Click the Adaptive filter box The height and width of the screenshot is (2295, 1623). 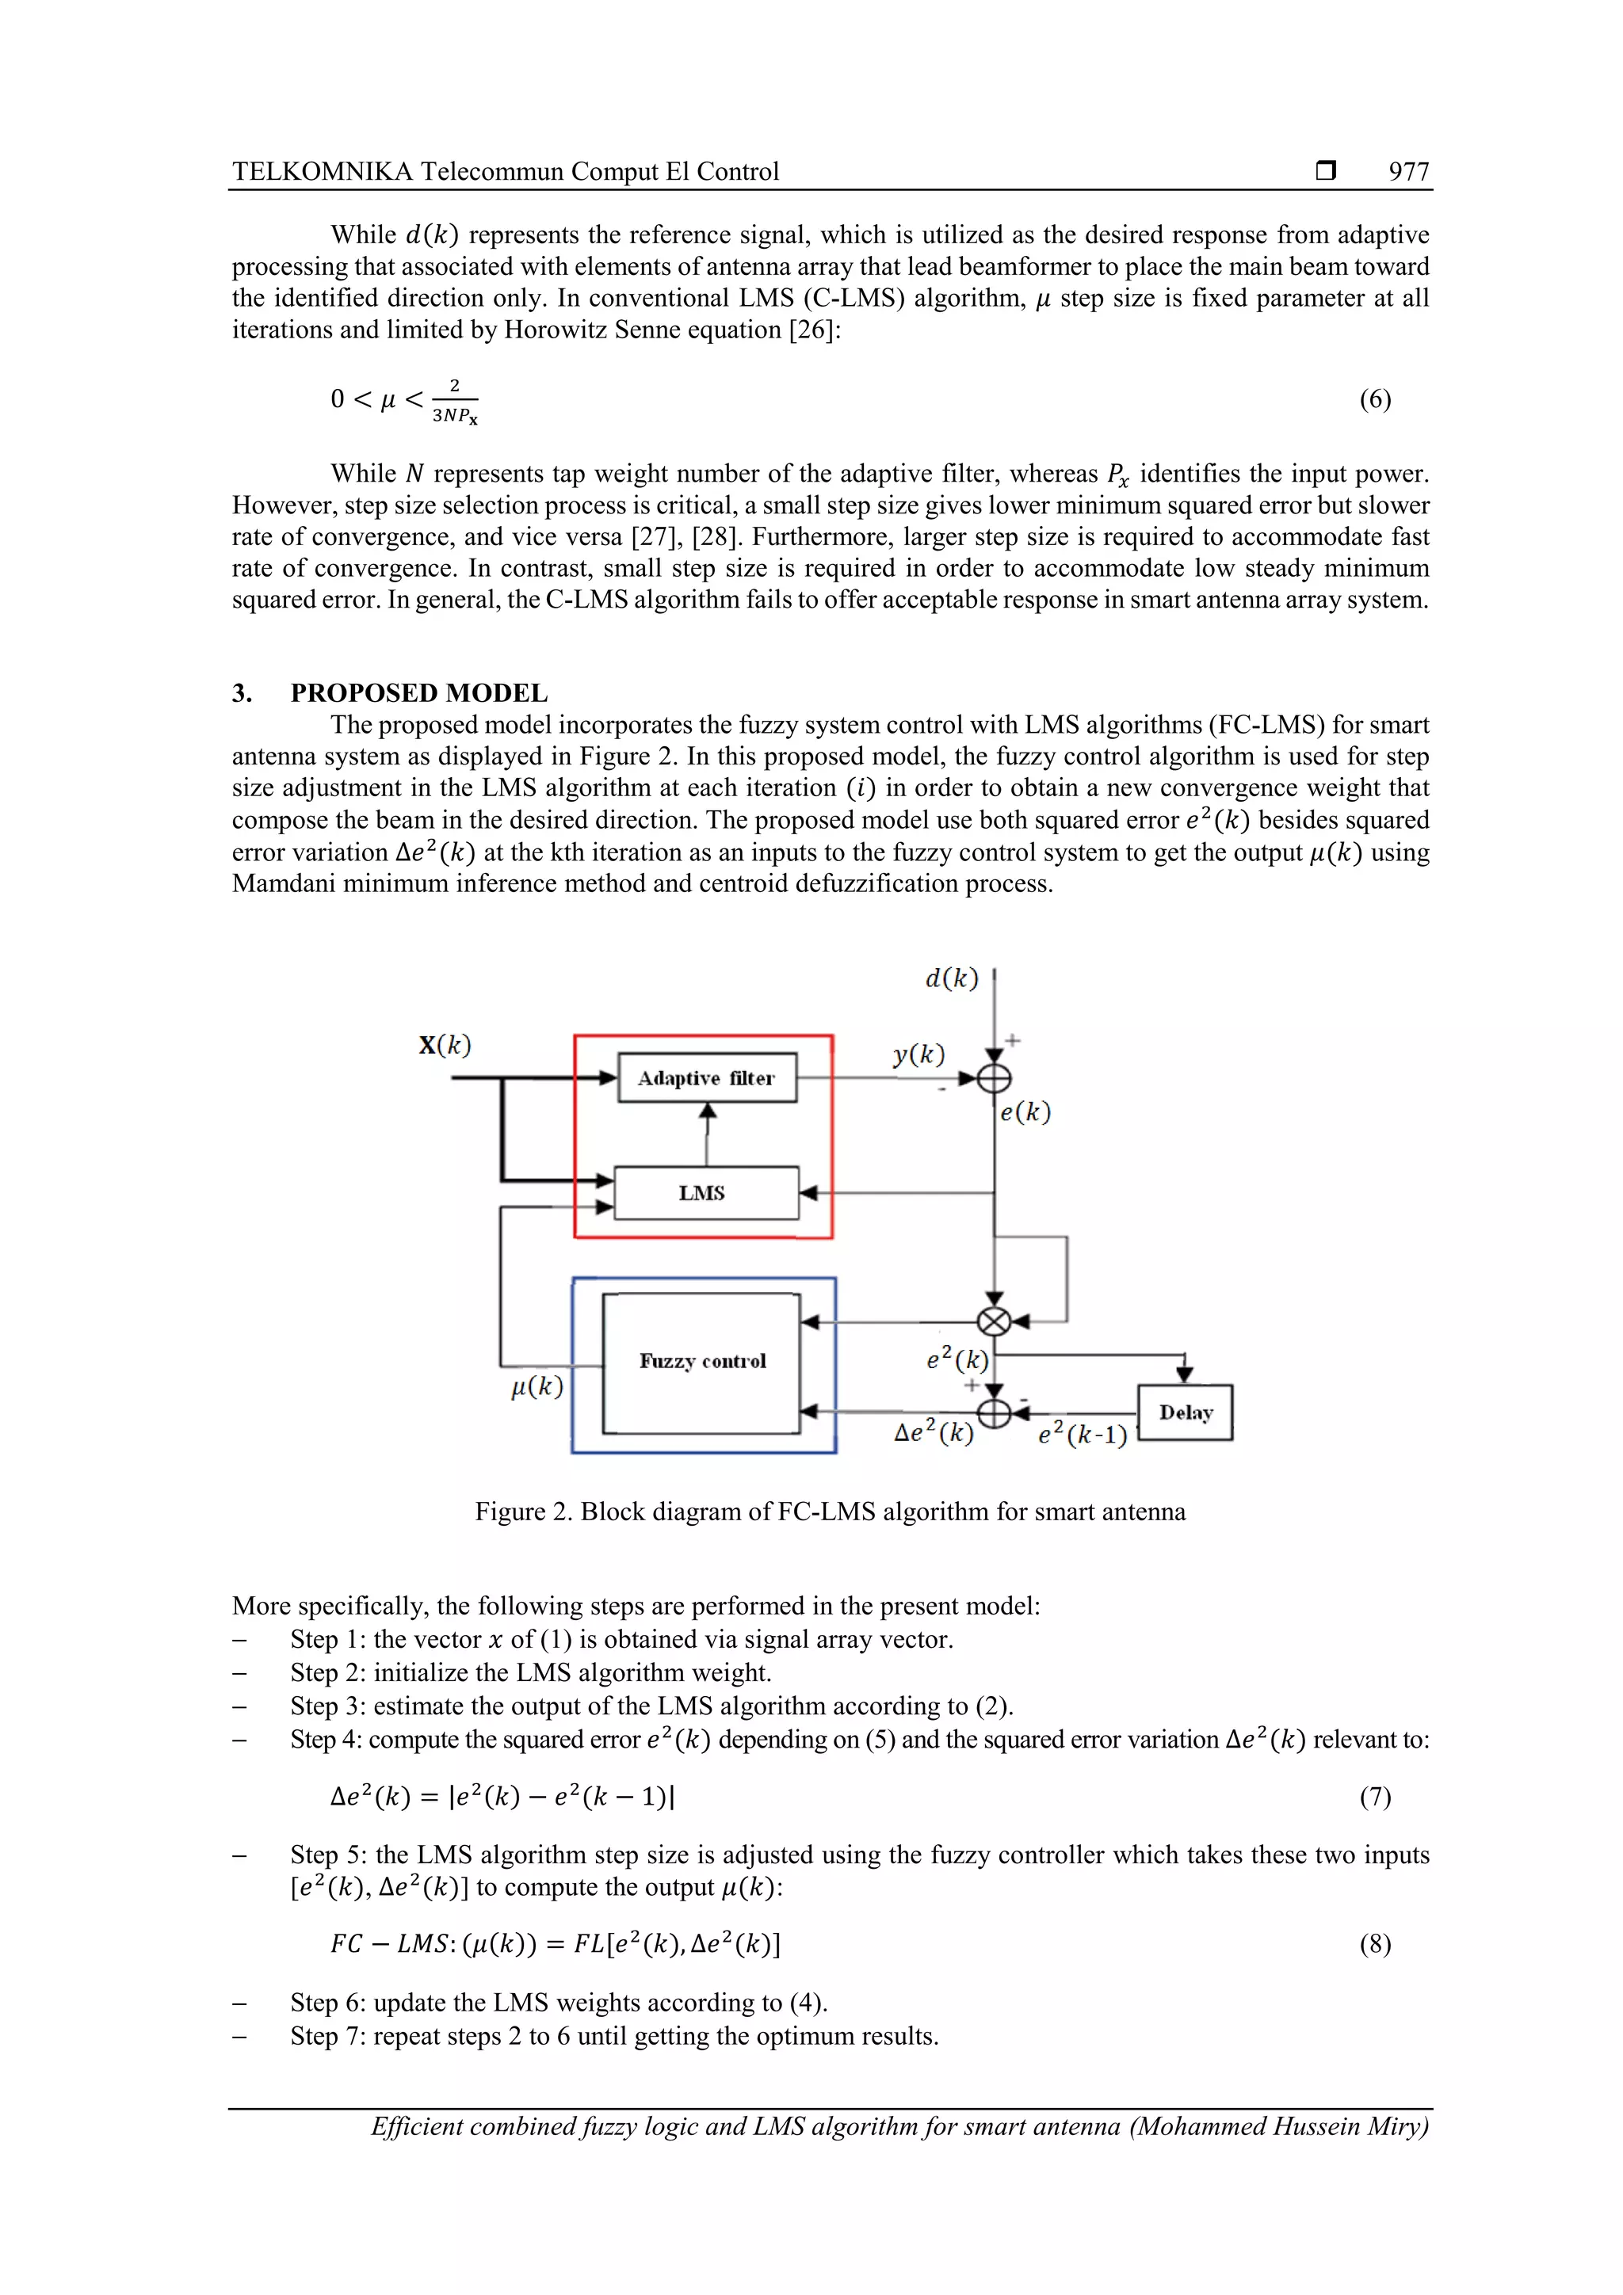(x=707, y=1077)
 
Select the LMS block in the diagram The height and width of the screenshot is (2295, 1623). (x=706, y=1192)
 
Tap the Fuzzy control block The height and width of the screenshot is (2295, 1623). (x=702, y=1362)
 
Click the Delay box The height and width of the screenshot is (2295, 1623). (x=1185, y=1412)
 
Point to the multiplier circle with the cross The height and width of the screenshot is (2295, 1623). (x=993, y=1321)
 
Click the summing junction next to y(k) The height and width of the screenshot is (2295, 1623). (x=994, y=1078)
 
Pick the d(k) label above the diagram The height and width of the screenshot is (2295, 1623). (x=951, y=978)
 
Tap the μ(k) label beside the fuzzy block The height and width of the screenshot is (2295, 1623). (x=537, y=1386)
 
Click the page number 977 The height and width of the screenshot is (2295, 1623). (x=1408, y=171)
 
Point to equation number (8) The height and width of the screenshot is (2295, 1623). (x=1375, y=1943)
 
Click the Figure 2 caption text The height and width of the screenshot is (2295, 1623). (x=830, y=1512)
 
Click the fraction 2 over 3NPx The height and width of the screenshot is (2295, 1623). (x=455, y=400)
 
